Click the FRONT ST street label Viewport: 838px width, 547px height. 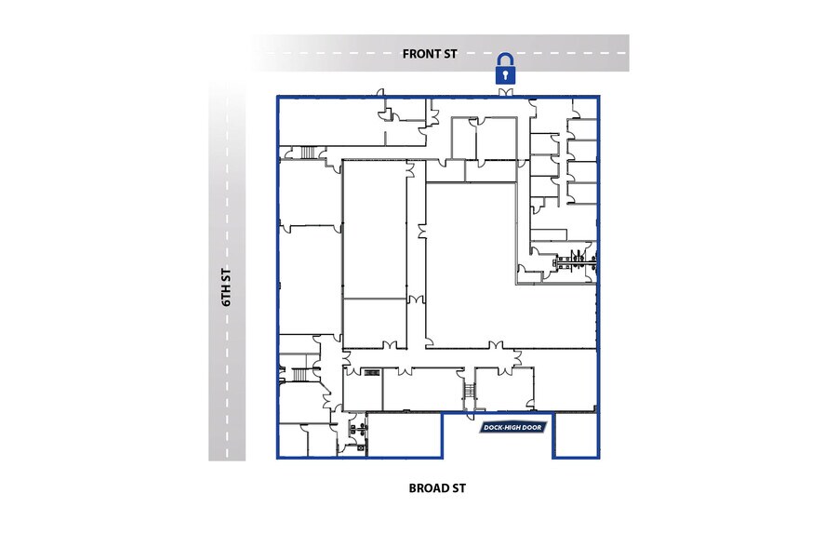tap(431, 54)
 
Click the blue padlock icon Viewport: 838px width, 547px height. tap(505, 69)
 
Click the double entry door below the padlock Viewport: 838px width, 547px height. tap(505, 94)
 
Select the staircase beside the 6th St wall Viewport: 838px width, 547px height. tap(299, 375)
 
